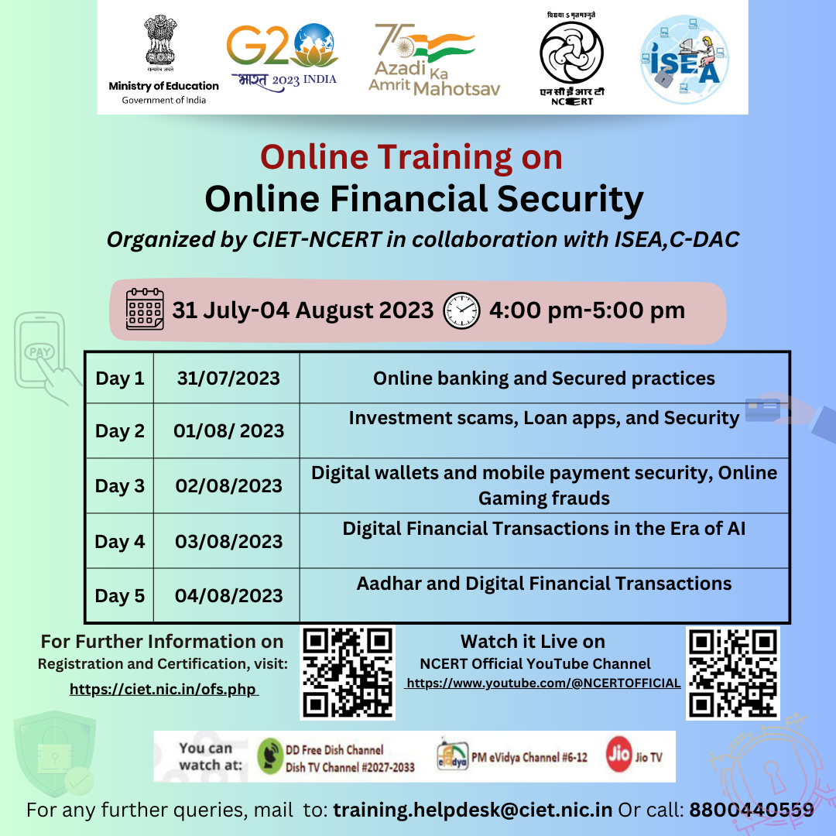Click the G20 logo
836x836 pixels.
coord(282,56)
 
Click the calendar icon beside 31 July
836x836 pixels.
coord(146,310)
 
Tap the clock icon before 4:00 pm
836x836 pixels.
coord(461,311)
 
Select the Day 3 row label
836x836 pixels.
coord(120,486)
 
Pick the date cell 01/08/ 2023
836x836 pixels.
coord(228,431)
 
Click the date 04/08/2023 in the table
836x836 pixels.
coord(228,596)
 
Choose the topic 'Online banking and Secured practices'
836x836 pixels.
coord(543,379)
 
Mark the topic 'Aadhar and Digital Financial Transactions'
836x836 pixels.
coord(543,584)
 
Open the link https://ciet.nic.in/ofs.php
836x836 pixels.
coord(163,689)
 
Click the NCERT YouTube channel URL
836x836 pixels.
coord(543,684)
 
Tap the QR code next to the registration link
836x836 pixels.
coord(348,673)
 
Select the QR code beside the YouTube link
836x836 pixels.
coord(732,673)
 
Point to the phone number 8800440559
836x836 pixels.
coord(752,810)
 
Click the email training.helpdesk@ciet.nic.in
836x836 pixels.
coord(473,810)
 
